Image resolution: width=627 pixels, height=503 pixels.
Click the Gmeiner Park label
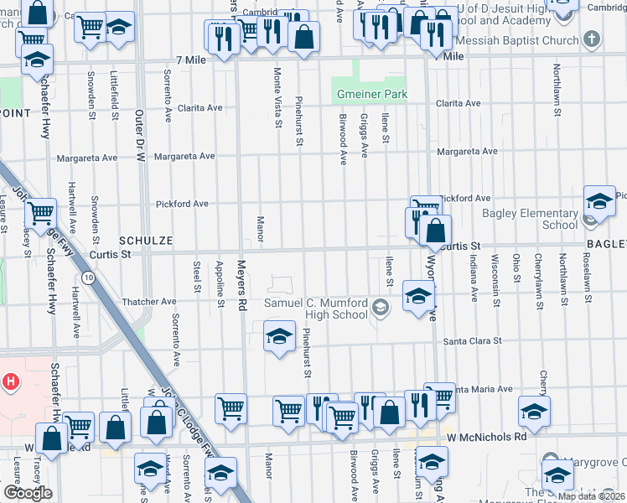pyautogui.click(x=371, y=94)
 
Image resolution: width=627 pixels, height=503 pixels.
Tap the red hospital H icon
pyautogui.click(x=11, y=382)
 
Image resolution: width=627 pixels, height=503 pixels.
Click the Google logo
pyautogui.click(x=27, y=493)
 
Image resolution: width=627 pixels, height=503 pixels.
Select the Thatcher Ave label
pyautogui.click(x=150, y=301)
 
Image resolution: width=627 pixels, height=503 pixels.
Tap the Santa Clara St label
pyautogui.click(x=472, y=341)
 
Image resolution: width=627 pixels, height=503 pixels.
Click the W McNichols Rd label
pyautogui.click(x=486, y=437)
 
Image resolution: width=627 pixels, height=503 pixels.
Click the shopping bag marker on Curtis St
pyautogui.click(x=436, y=230)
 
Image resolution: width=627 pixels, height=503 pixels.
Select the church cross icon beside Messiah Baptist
pyautogui.click(x=592, y=39)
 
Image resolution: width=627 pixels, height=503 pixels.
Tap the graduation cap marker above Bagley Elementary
pyautogui.click(x=599, y=200)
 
